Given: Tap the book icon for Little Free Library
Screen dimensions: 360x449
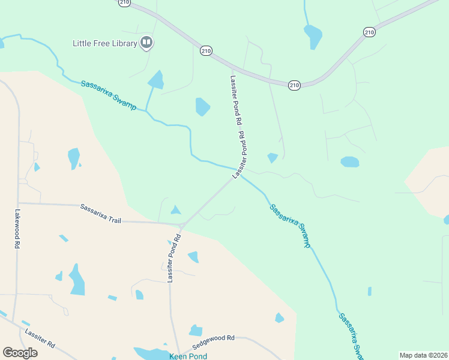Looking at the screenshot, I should (146, 43).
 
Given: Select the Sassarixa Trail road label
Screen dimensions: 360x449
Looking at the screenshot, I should (101, 213).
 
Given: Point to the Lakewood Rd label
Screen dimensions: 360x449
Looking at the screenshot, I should (17, 229).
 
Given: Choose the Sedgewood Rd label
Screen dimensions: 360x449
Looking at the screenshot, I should (213, 343).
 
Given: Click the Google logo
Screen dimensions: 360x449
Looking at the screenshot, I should (20, 353).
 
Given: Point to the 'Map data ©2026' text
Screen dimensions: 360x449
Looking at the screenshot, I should (423, 355).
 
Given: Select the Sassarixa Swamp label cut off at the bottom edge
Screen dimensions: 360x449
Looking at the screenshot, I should (349, 336).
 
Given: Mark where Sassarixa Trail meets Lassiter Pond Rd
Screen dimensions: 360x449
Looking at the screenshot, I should (181, 224).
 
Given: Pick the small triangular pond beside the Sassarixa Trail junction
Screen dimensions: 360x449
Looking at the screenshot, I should (175, 210).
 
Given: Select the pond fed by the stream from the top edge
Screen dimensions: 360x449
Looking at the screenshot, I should (313, 37).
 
